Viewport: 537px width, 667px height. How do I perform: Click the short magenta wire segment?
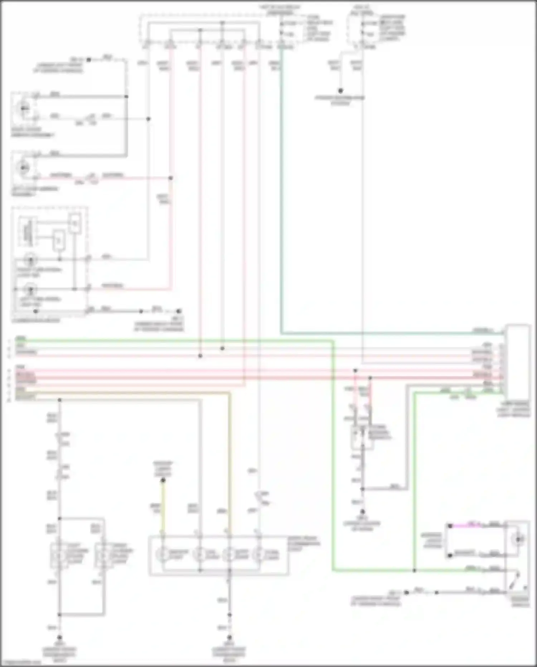(x=465, y=525)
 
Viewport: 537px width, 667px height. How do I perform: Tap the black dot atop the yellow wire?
(x=163, y=480)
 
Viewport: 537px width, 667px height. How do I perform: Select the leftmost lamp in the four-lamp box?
(x=163, y=554)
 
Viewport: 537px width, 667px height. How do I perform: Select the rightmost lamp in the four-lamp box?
(x=257, y=554)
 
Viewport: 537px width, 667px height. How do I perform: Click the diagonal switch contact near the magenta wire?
(x=516, y=581)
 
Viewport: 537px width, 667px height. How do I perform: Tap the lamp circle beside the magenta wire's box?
(x=518, y=539)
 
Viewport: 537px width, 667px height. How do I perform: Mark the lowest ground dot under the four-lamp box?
(x=229, y=638)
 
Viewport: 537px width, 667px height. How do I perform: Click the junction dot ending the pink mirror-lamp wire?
(x=171, y=178)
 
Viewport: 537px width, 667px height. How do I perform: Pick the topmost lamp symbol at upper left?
(x=24, y=108)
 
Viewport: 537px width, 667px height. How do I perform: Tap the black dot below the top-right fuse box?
(x=340, y=91)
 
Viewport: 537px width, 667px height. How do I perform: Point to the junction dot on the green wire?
(x=414, y=570)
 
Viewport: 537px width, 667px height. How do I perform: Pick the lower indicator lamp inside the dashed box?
(x=30, y=289)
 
